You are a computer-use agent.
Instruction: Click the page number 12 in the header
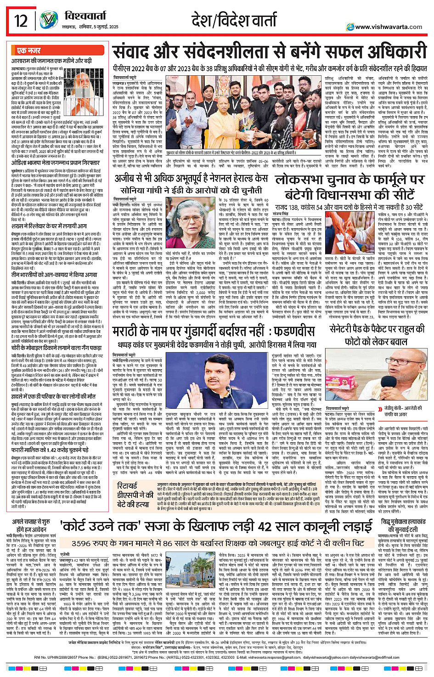[x=21, y=21]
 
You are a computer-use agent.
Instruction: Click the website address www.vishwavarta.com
[x=388, y=27]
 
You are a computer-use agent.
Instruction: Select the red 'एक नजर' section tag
[x=28, y=51]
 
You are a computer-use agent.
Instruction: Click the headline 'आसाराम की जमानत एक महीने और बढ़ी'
[x=51, y=61]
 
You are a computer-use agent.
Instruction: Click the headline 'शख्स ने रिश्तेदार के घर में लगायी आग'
[x=49, y=226]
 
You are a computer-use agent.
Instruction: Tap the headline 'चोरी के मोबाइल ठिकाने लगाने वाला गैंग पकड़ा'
[x=57, y=348]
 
